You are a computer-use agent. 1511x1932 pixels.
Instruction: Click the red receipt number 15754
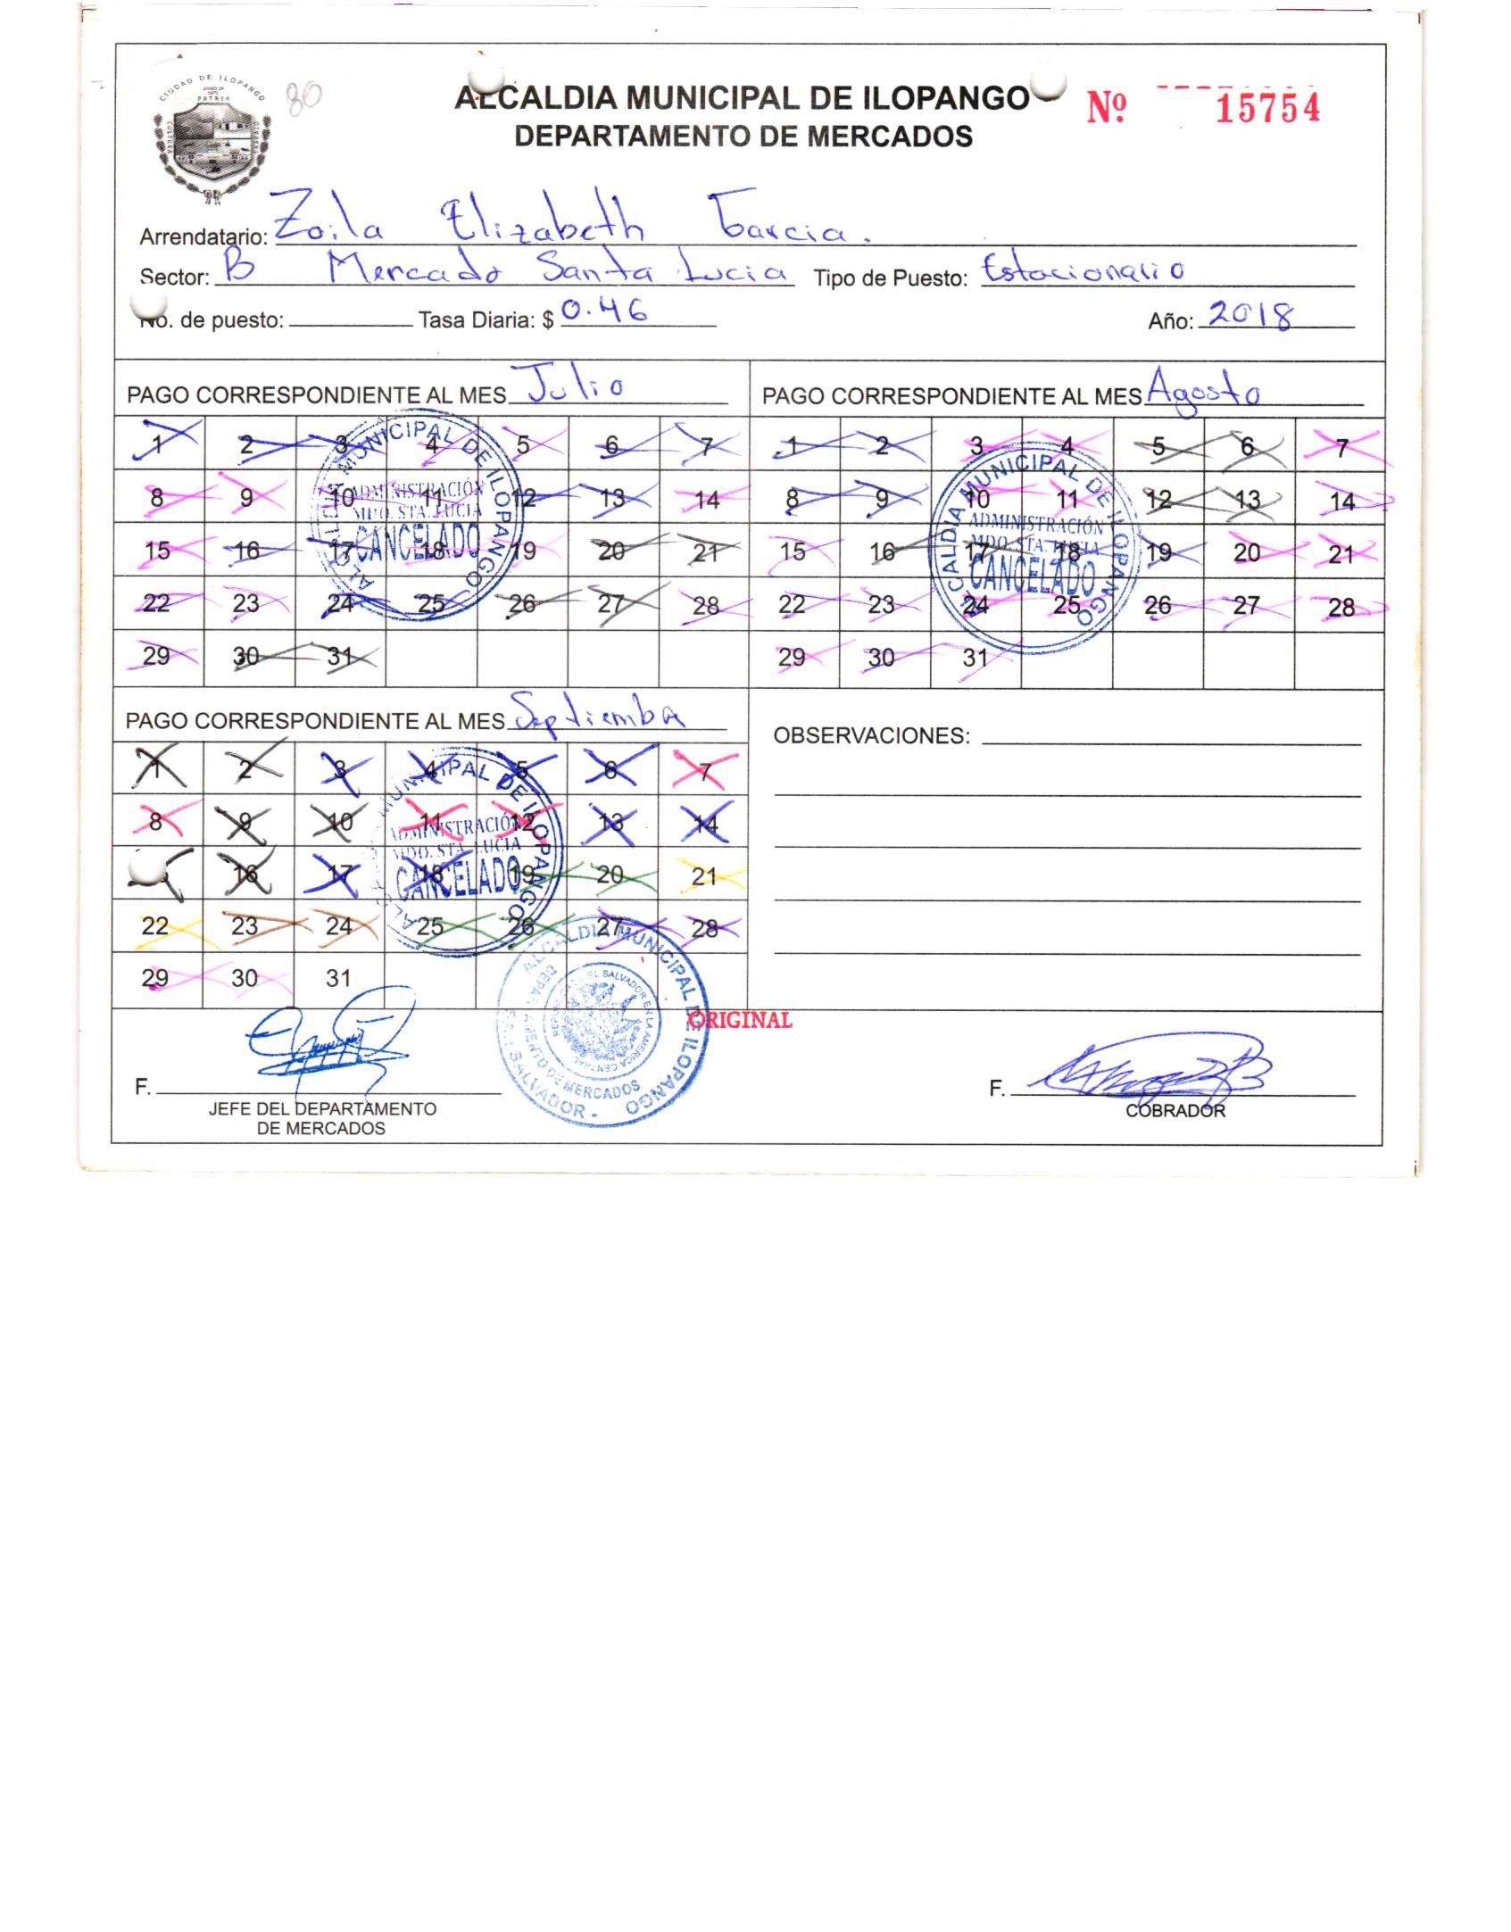click(x=1267, y=109)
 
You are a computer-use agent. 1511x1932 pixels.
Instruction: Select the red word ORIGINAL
click(x=741, y=1020)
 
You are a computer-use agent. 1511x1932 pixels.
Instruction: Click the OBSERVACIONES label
click(x=871, y=736)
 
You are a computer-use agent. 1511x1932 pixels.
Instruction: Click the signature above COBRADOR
click(x=1151, y=1070)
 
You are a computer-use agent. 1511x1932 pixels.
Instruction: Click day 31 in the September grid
click(x=338, y=978)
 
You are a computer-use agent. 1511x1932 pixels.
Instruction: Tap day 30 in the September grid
click(x=245, y=979)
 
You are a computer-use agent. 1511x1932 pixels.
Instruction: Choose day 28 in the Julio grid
click(x=706, y=606)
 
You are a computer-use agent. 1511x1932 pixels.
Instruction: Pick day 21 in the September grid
click(x=704, y=876)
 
